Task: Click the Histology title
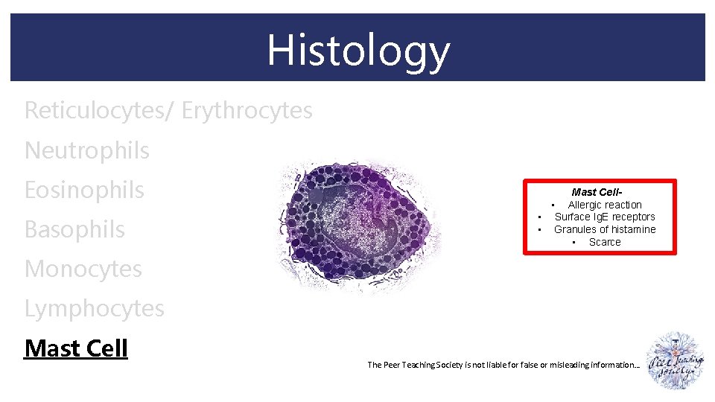click(358, 50)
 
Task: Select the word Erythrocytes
click(247, 110)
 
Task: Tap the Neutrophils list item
click(87, 150)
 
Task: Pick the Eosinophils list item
click(84, 190)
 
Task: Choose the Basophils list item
click(75, 229)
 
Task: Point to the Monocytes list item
click(83, 269)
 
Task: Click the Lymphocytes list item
click(95, 308)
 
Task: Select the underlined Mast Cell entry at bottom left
click(76, 348)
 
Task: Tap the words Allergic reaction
click(605, 205)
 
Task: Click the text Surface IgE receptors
click(605, 217)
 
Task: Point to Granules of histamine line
click(605, 229)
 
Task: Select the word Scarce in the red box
click(605, 242)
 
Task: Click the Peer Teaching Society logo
click(676, 360)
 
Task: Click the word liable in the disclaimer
click(495, 365)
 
